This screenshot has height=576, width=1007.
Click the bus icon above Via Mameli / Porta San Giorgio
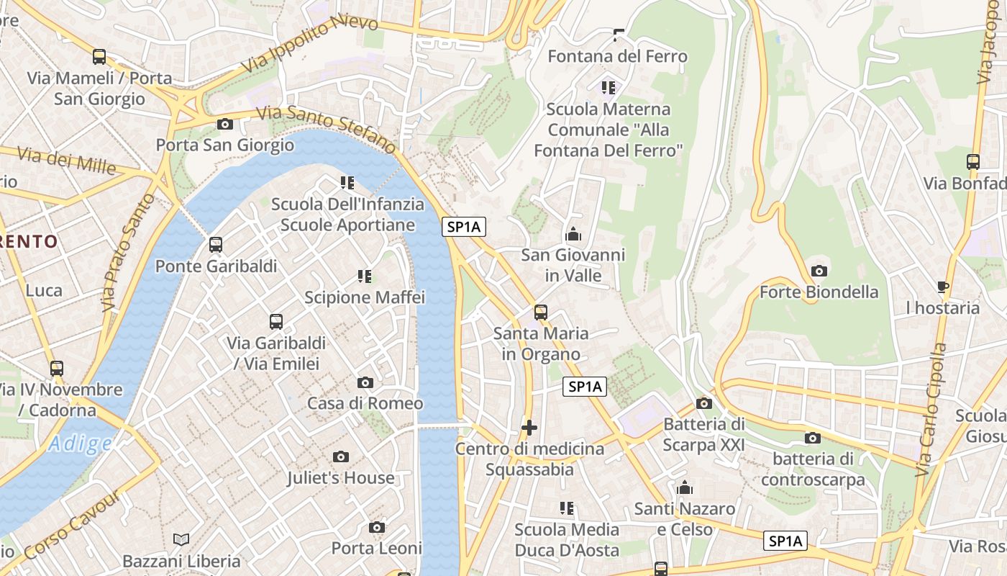[99, 57]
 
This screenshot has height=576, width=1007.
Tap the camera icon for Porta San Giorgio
[225, 124]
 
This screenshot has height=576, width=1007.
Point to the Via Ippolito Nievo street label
[310, 45]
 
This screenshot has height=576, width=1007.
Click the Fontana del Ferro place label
[617, 56]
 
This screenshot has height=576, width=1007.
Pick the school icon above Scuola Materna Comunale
[609, 88]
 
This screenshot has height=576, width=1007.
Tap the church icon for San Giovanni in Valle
[573, 234]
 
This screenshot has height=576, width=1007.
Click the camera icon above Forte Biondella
[819, 271]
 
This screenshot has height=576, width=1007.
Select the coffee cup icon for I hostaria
[943, 287]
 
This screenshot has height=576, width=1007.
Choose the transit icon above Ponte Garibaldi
[216, 245]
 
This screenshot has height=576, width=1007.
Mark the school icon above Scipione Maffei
[365, 276]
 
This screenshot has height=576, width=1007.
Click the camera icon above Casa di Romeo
[365, 382]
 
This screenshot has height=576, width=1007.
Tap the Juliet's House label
[341, 477]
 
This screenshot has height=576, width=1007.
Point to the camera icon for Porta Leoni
[377, 528]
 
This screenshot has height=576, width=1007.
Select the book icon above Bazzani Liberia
[181, 539]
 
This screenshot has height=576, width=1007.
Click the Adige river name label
[81, 444]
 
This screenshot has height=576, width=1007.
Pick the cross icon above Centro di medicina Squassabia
[529, 428]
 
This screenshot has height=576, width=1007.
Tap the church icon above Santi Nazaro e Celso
[685, 488]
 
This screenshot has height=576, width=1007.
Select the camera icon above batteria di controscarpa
[813, 438]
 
